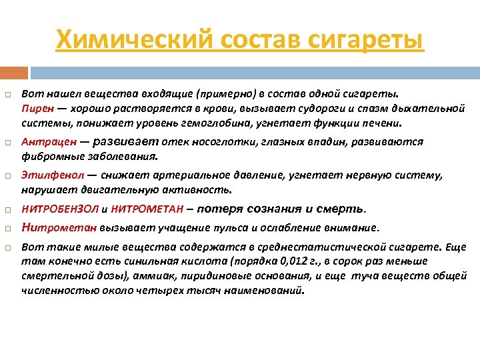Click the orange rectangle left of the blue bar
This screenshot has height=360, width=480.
tap(14, 72)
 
